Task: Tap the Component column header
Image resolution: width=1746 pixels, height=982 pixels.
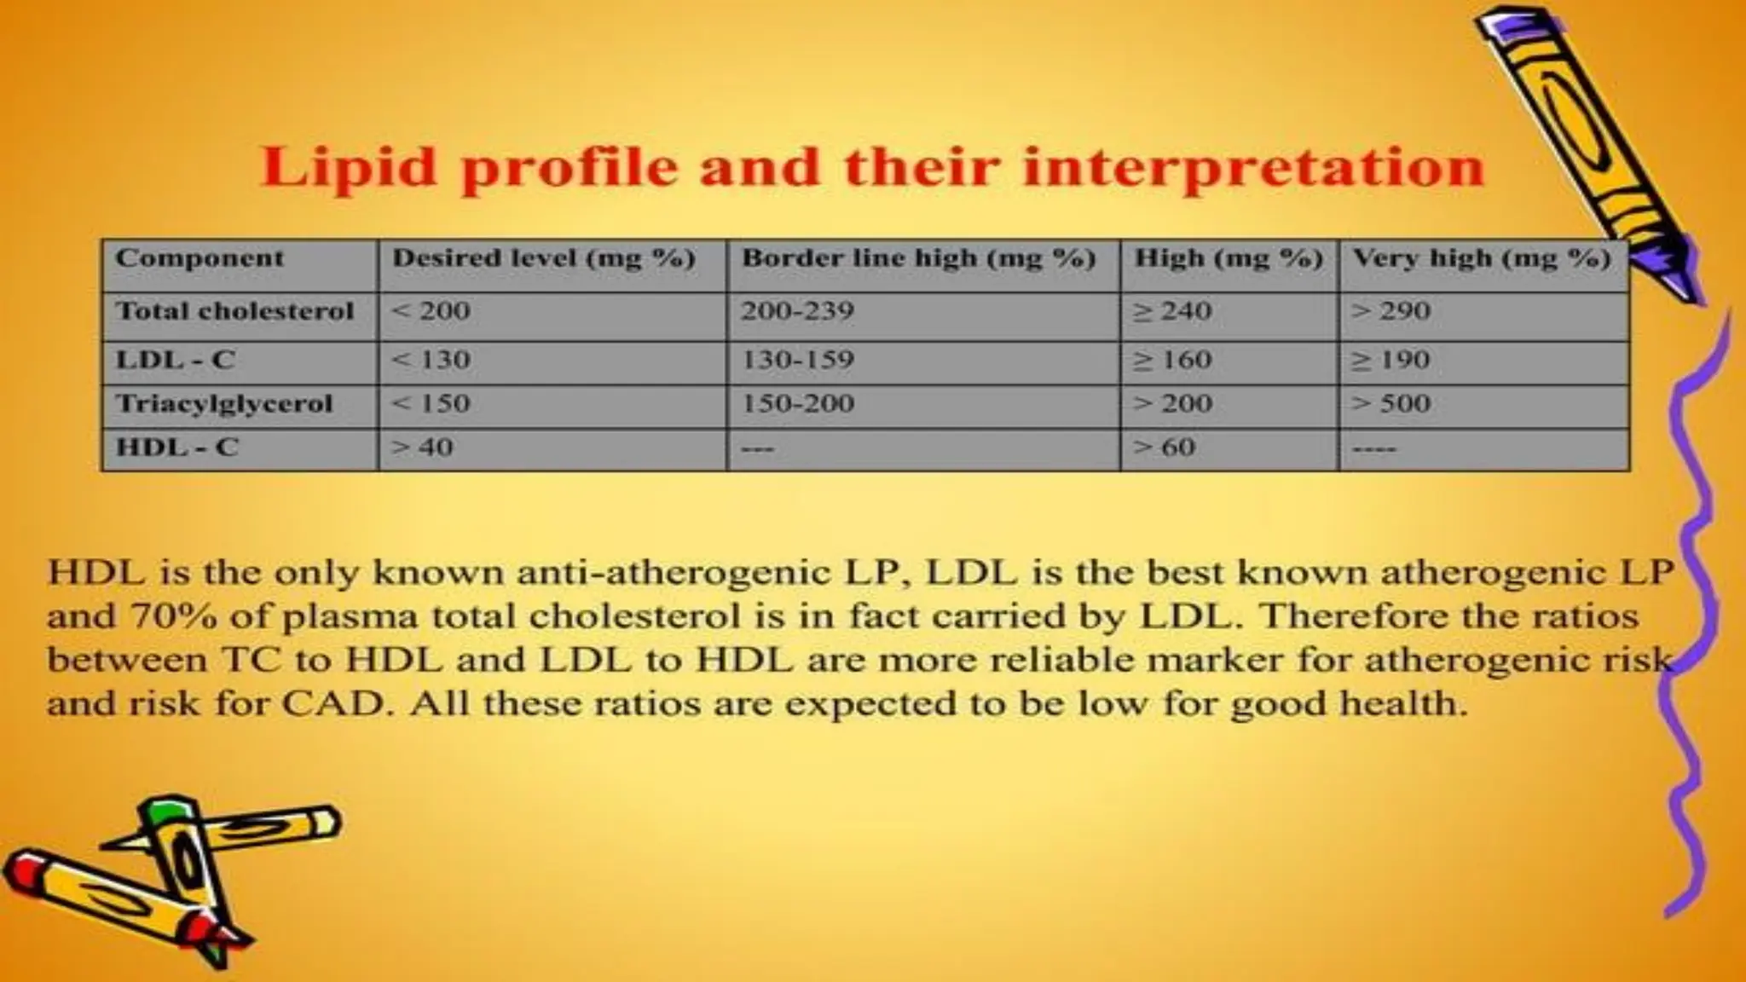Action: point(199,258)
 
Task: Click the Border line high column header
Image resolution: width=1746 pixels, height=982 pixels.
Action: point(918,258)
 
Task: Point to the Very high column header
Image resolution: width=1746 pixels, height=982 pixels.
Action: point(1482,258)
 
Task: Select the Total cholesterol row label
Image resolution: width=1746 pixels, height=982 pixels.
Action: point(234,311)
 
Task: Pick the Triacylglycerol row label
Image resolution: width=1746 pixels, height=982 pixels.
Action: point(224,403)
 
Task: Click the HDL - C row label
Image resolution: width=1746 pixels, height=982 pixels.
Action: point(177,447)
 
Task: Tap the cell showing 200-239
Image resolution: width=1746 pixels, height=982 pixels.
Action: point(797,311)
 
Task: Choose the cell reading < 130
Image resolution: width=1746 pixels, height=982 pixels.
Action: point(431,360)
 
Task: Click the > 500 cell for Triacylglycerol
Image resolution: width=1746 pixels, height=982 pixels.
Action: point(1390,403)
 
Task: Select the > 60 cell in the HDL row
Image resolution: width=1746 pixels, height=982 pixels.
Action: point(1164,447)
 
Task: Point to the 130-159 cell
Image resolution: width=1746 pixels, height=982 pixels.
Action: point(797,360)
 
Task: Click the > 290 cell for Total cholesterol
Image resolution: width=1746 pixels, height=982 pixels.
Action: point(1390,311)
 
